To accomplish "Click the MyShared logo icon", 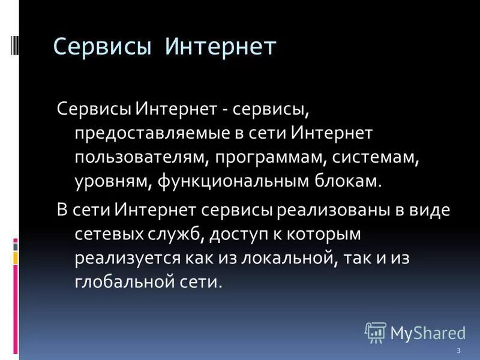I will click(x=375, y=332).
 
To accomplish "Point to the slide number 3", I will click(x=458, y=351).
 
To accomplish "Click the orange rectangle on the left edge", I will click(x=16, y=257).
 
